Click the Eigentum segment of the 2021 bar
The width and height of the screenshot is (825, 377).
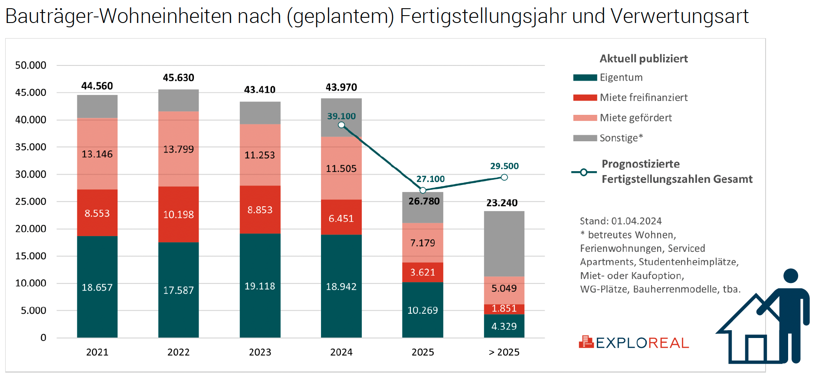point(97,286)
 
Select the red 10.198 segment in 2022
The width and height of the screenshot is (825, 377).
point(178,214)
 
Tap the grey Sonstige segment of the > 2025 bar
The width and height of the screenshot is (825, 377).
point(504,244)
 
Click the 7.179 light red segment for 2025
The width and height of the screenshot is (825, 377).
point(422,243)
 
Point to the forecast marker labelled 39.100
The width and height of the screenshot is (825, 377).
point(341,125)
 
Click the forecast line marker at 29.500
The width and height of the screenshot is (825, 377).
point(504,177)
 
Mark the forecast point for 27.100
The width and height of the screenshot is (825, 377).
point(423,190)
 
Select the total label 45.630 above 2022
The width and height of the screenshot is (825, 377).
point(178,78)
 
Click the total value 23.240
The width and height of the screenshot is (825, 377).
point(502,203)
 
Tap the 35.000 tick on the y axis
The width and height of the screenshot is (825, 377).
point(31,147)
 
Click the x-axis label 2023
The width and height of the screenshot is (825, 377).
point(260,352)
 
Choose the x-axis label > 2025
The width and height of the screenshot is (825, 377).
point(504,352)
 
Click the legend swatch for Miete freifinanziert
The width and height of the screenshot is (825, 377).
point(585,97)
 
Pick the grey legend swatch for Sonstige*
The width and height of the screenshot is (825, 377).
point(585,138)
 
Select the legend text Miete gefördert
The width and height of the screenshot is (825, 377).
point(635,118)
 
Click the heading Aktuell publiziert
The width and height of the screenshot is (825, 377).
point(644,58)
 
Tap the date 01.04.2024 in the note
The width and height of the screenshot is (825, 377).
point(636,221)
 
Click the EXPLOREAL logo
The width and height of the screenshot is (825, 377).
point(634,343)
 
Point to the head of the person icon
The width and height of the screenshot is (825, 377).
point(791,276)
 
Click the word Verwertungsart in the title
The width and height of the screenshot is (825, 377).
point(679,16)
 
